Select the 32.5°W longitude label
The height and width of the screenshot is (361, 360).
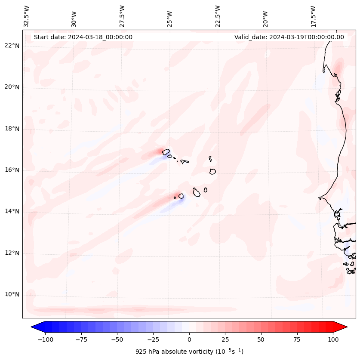(x=27, y=16)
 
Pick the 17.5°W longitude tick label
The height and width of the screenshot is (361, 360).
(x=313, y=16)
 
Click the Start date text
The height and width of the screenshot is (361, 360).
(x=83, y=37)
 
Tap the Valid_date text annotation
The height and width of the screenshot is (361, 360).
(x=289, y=37)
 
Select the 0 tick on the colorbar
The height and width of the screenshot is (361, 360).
(x=189, y=339)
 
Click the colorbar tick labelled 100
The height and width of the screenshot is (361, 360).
(x=333, y=339)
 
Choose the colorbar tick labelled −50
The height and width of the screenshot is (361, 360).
(x=117, y=339)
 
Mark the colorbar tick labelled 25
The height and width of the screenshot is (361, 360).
(x=225, y=339)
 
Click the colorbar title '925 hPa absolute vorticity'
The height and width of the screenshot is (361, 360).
(x=189, y=352)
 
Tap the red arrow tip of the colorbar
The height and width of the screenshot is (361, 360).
(x=342, y=327)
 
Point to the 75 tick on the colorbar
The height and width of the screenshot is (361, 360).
(x=297, y=339)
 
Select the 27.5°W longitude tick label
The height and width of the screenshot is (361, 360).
(x=122, y=16)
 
